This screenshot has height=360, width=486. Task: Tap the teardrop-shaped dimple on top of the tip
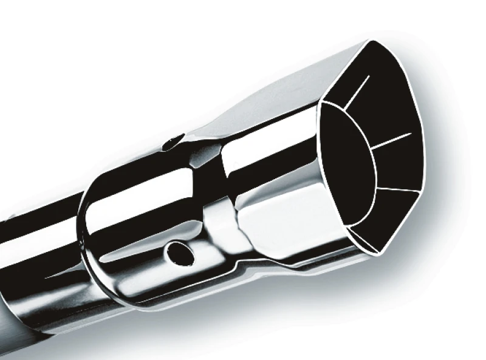tap(173, 141)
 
